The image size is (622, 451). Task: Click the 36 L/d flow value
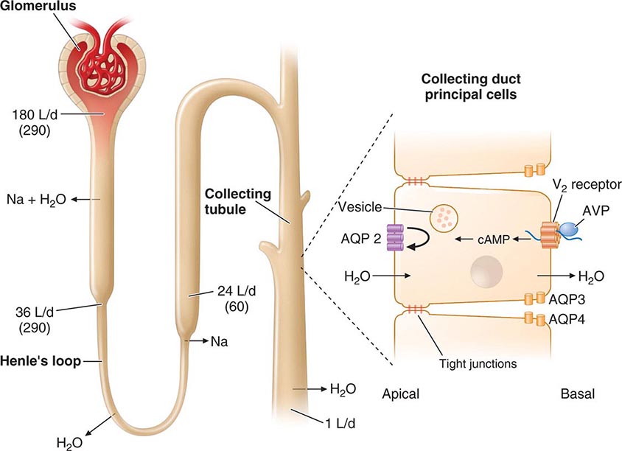(35, 312)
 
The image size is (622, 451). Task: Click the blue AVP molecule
(572, 230)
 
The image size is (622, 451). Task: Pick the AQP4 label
(567, 321)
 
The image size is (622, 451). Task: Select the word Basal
(576, 394)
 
